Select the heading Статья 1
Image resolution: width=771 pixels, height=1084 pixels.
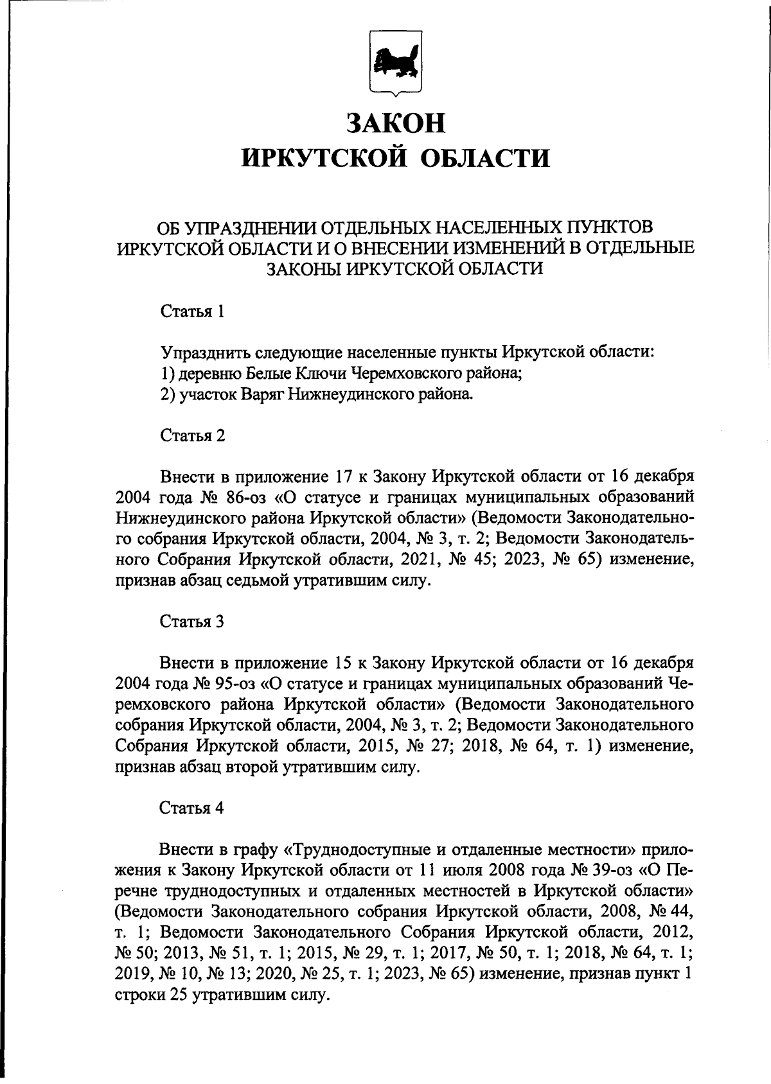tap(192, 312)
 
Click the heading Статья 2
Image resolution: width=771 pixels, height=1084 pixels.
tap(192, 436)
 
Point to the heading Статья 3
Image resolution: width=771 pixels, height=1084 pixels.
tap(192, 622)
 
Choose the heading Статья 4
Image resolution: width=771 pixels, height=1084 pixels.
tap(192, 808)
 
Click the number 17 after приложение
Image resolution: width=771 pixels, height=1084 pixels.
tap(342, 477)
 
